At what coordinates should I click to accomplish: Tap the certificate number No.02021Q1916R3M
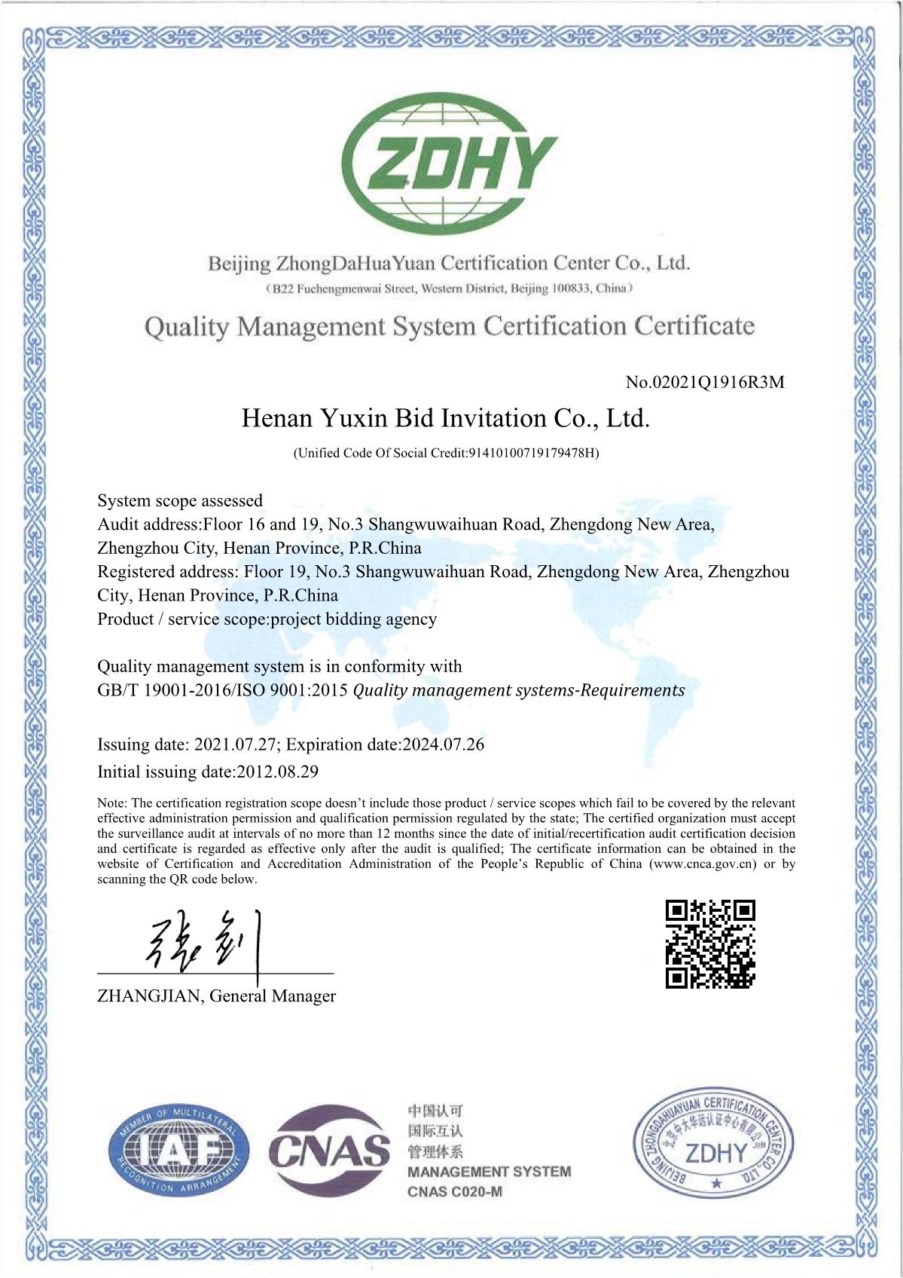tap(705, 382)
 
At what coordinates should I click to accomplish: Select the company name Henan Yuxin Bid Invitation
tap(445, 418)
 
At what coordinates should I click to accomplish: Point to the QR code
tap(710, 943)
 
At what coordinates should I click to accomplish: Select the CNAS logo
tap(329, 1151)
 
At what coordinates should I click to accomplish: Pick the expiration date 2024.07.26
tap(444, 744)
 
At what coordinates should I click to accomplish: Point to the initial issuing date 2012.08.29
tap(277, 772)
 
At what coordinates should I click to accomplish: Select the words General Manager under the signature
tap(273, 996)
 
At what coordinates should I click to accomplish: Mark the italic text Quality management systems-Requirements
tap(519, 690)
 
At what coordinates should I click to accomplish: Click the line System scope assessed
tap(180, 501)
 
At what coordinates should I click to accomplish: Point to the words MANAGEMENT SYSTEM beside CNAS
tap(490, 1172)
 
